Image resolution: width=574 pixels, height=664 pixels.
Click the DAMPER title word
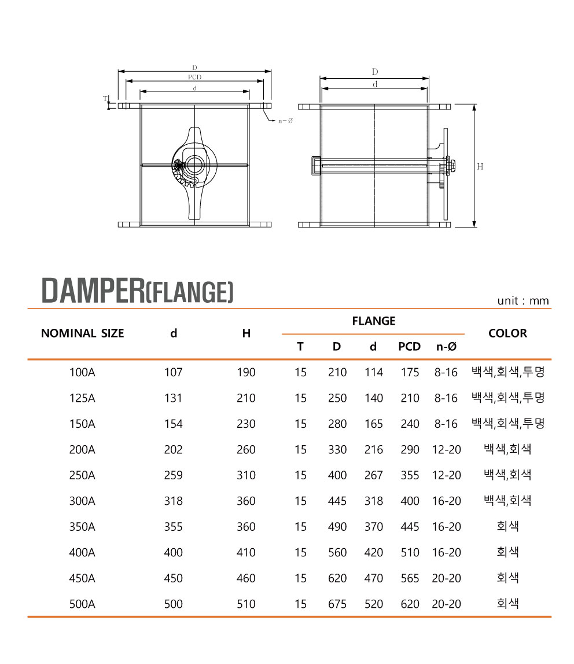click(93, 291)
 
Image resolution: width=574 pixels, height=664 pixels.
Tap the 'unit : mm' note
click(523, 300)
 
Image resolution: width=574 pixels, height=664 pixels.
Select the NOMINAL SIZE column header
click(83, 333)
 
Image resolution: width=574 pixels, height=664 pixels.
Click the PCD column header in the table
click(409, 346)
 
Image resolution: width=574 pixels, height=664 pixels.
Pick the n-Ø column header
click(446, 346)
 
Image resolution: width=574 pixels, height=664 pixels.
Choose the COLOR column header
click(507, 333)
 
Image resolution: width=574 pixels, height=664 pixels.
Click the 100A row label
click(82, 372)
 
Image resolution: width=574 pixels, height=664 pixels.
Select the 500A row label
click(82, 604)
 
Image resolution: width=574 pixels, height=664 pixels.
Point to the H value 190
click(246, 372)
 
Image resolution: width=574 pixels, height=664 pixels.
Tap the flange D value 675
click(337, 604)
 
